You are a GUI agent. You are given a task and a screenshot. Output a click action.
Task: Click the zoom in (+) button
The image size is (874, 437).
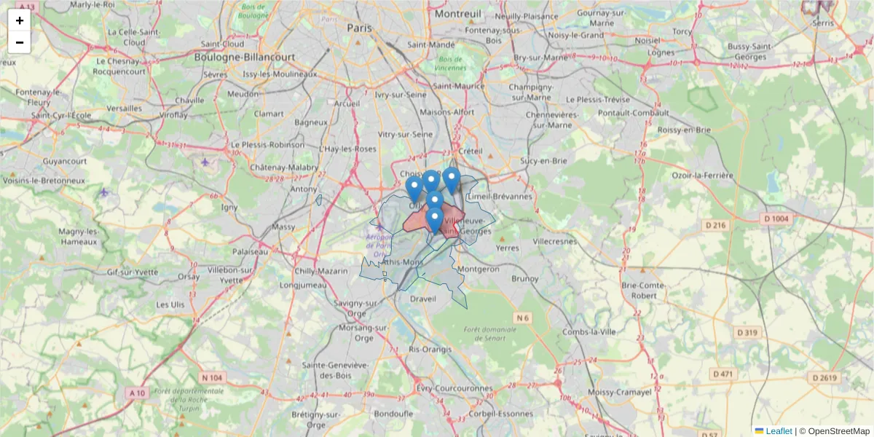pyautogui.click(x=20, y=20)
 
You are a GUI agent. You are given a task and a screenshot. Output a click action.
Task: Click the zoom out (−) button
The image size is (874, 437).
pyautogui.click(x=20, y=42)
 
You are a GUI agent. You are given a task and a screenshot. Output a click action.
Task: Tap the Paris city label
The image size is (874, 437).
pyautogui.click(x=359, y=28)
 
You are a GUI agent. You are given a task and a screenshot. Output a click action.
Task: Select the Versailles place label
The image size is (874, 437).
pyautogui.click(x=124, y=108)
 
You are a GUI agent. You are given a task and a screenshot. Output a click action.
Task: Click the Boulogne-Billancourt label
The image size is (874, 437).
pyautogui.click(x=245, y=56)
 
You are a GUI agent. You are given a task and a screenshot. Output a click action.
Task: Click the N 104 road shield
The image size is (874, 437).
pyautogui.click(x=212, y=377)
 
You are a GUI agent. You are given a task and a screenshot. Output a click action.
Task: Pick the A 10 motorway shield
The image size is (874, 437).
pyautogui.click(x=137, y=393)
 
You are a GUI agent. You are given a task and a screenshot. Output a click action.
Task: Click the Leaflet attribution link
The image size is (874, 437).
pyautogui.click(x=779, y=431)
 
